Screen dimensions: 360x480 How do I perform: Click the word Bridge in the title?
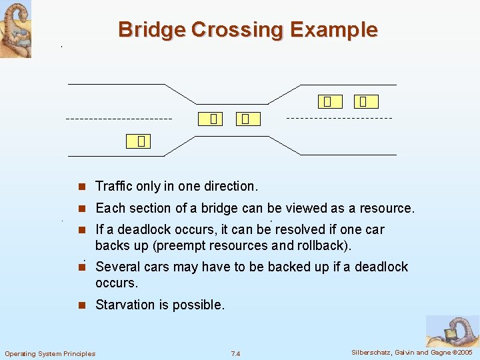point(151,30)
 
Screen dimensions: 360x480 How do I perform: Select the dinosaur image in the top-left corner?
point(15,29)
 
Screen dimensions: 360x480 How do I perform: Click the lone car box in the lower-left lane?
point(141,141)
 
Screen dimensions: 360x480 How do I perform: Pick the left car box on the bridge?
point(213,119)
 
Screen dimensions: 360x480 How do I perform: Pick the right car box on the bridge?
point(246,119)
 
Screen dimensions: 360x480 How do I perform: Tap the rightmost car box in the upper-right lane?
point(364,101)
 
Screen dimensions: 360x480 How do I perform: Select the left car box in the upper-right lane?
point(327,101)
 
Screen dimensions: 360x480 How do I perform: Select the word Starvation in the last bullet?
point(125,305)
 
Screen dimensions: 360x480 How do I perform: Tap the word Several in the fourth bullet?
point(117,267)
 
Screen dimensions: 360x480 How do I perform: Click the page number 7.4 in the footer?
point(235,353)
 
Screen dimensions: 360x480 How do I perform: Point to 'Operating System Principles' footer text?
point(50,353)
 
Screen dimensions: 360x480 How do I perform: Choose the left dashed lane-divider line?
point(119,119)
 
